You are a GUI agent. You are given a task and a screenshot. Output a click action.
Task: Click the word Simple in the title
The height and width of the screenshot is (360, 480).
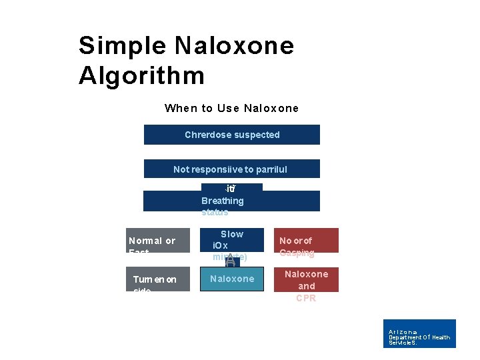pos(122,46)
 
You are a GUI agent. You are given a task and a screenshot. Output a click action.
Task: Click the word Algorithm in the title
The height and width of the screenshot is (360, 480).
pos(141,75)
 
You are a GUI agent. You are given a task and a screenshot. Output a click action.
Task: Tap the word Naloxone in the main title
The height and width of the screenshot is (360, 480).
pos(234,46)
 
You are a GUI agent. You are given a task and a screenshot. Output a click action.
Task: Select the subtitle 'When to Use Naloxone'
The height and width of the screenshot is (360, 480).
pos(231,108)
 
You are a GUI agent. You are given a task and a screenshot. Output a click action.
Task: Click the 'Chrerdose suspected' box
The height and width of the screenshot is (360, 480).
pos(231,135)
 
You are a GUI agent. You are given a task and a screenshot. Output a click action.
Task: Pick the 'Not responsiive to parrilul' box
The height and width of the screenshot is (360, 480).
pos(231,169)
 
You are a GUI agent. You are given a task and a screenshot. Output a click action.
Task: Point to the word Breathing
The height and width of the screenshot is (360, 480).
pos(223,201)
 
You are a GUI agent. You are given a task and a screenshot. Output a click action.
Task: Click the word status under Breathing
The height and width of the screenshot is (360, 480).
pos(215,212)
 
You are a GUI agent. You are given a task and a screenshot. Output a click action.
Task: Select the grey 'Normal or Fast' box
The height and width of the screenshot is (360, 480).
pos(159,241)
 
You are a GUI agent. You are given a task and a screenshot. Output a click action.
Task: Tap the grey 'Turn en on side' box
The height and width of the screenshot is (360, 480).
pos(159,279)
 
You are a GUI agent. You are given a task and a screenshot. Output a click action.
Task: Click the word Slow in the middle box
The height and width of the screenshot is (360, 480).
pos(232,234)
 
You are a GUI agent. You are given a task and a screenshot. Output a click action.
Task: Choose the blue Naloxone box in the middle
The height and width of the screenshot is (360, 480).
pos(232,279)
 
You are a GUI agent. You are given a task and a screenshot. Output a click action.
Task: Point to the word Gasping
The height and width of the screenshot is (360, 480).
pos(297,253)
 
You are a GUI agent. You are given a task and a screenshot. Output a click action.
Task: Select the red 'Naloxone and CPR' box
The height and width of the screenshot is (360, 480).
pos(306,280)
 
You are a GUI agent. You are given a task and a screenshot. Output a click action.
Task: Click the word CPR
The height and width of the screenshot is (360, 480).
pos(307,298)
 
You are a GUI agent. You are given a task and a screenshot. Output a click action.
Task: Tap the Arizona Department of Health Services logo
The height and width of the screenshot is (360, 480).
pos(420,333)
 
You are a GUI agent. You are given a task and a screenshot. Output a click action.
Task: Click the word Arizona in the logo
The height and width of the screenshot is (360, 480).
pos(403,331)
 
